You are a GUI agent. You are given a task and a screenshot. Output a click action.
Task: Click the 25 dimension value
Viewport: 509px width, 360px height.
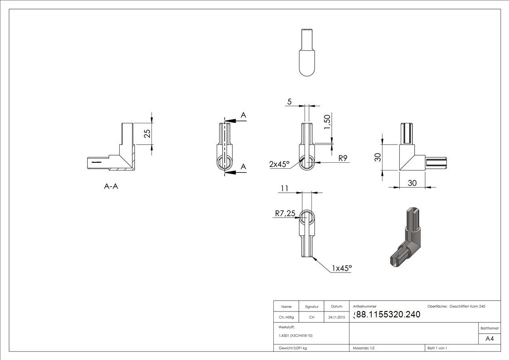[147, 134]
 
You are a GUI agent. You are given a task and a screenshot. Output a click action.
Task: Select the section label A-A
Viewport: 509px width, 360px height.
[111, 186]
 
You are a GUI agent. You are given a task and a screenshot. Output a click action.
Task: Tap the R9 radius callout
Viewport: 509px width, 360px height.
[343, 158]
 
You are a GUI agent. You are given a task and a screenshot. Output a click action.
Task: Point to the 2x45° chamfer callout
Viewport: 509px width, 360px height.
[279, 164]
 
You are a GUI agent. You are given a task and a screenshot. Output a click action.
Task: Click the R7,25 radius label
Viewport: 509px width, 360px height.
[286, 213]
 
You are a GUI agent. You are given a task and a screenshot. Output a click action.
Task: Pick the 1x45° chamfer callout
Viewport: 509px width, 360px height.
[342, 268]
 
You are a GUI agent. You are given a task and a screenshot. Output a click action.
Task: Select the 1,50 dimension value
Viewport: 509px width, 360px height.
[327, 122]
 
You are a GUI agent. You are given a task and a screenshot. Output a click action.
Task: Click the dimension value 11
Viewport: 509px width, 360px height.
[285, 188]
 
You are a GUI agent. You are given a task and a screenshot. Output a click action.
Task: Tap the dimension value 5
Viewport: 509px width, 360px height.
[289, 102]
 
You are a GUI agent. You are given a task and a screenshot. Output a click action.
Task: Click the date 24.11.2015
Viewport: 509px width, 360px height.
[337, 317]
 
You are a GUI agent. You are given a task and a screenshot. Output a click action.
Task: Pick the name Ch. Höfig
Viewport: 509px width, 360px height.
[286, 317]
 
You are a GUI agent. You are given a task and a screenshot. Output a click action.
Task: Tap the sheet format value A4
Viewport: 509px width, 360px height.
[490, 339]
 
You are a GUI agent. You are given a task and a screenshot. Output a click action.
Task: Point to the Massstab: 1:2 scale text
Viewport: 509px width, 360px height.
[364, 348]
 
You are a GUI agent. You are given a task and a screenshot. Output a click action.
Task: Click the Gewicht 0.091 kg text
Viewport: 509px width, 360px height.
[292, 348]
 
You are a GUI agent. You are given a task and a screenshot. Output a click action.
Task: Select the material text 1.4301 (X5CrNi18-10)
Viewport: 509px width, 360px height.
[296, 336]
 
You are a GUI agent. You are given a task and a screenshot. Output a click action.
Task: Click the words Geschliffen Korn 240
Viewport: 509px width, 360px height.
[467, 306]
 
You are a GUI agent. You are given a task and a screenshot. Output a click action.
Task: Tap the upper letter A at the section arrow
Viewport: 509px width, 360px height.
[243, 115]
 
